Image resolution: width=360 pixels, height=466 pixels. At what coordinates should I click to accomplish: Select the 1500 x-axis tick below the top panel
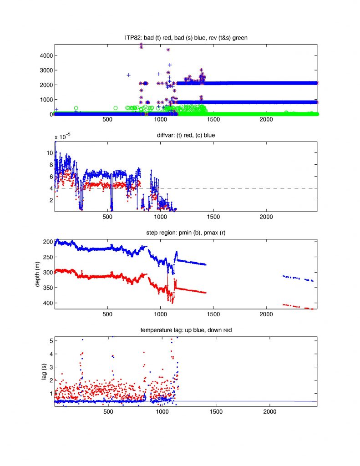[x=213, y=120]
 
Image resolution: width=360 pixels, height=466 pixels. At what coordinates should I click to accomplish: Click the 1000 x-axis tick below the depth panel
[x=161, y=315]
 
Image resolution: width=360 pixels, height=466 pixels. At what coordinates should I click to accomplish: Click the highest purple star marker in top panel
[x=142, y=45]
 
